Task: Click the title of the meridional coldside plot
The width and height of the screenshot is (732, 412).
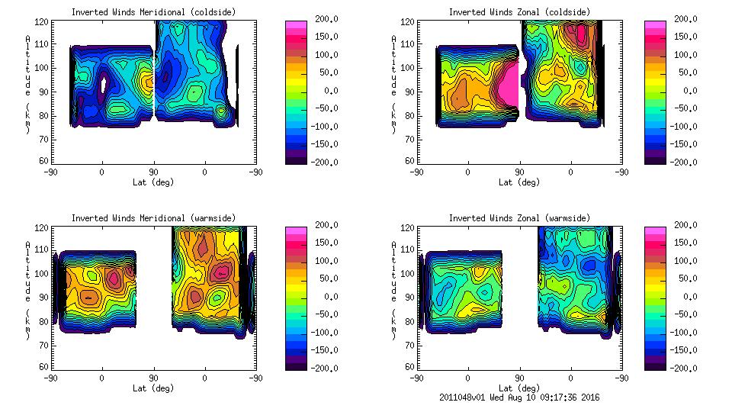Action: point(153,11)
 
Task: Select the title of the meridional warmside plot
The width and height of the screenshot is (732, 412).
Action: point(153,217)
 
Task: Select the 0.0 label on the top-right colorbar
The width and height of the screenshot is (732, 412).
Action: point(687,91)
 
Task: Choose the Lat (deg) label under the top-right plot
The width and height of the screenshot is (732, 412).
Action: point(519,182)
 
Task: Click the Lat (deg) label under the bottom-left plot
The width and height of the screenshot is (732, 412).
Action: point(153,388)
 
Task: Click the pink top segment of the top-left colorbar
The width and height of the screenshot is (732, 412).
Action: point(295,26)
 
